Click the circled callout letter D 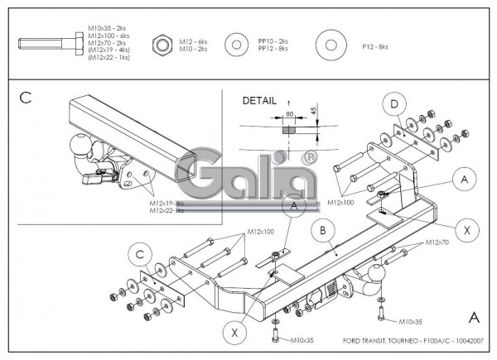[395, 105]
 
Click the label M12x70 [437, 242]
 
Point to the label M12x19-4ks [166, 203]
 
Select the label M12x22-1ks [166, 210]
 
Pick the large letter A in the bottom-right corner [474, 316]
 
